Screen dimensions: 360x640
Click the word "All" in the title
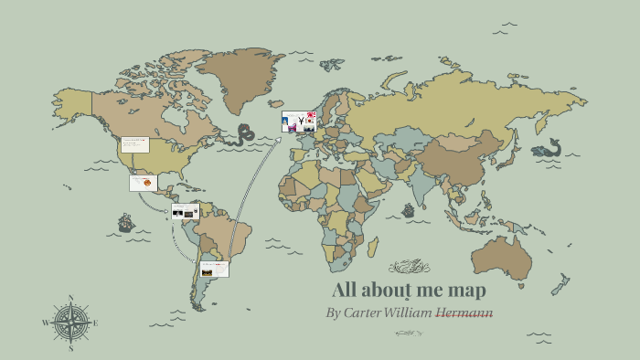pyautogui.click(x=346, y=291)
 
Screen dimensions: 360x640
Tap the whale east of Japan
pyautogui.click(x=548, y=148)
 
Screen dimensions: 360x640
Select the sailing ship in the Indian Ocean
pyautogui.click(x=408, y=209)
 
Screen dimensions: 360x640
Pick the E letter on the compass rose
pyautogui.click(x=95, y=323)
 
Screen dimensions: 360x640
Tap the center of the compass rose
pyautogui.click(x=70, y=323)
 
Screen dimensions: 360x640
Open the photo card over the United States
pyautogui.click(x=134, y=145)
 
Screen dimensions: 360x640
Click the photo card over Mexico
pyautogui.click(x=143, y=183)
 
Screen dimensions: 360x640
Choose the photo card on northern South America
pyautogui.click(x=185, y=212)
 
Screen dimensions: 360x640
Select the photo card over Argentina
pyautogui.click(x=214, y=269)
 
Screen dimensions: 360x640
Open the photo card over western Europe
pyautogui.click(x=299, y=122)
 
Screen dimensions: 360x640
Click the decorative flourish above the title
pyautogui.click(x=408, y=267)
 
